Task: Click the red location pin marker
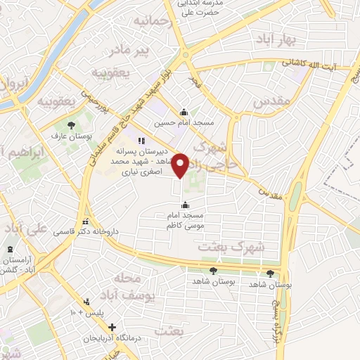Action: (181, 165)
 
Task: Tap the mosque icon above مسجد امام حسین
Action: (184, 112)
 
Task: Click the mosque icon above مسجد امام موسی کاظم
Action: (185, 205)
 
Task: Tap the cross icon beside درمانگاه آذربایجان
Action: (112, 327)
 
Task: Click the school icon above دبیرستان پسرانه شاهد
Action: (140, 141)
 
